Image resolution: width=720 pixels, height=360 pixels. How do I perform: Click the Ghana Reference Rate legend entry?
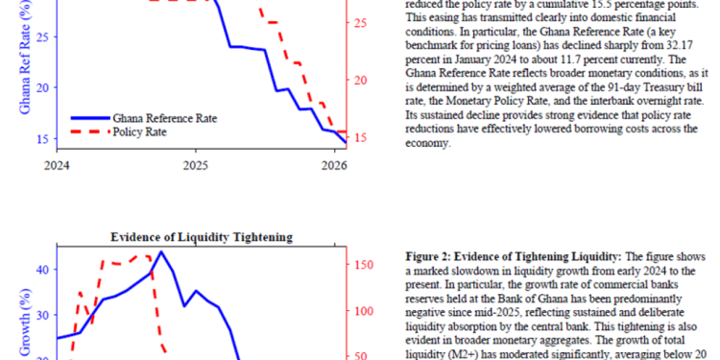[163, 117]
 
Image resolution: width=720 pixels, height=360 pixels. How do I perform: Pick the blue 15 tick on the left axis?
[40, 138]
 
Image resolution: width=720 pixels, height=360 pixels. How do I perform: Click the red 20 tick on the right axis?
[361, 79]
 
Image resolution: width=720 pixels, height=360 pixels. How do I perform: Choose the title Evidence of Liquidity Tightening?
[201, 236]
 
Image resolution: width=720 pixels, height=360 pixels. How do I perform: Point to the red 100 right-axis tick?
[364, 311]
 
